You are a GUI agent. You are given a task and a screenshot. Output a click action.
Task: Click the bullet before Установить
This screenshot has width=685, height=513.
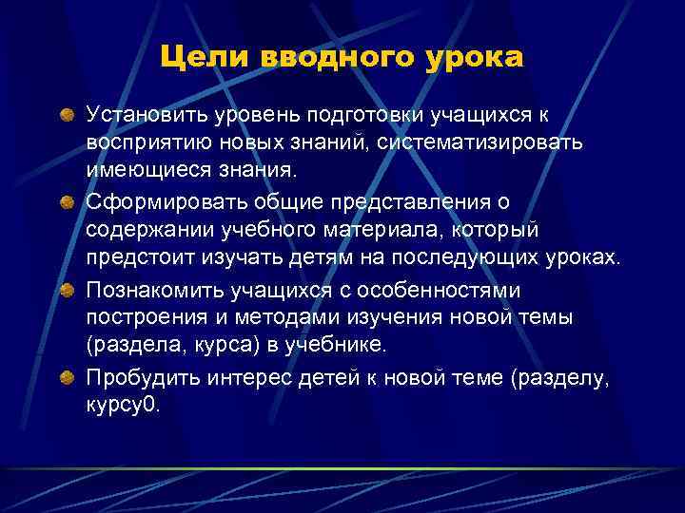[x=68, y=116]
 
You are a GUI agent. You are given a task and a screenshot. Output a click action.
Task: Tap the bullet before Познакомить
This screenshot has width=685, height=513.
[x=68, y=289]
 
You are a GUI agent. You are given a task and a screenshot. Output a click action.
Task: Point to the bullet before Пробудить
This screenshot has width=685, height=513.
[x=68, y=378]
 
